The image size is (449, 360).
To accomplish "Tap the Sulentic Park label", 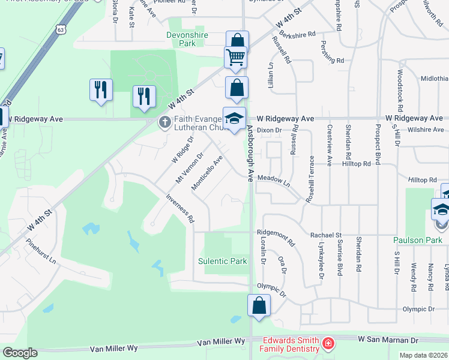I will pyautogui.click(x=223, y=261).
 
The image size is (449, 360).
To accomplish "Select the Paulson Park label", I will pyautogui.click(x=417, y=240).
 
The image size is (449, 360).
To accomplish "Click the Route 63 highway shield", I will pyautogui.click(x=59, y=29).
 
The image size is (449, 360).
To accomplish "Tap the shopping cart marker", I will pyautogui.click(x=236, y=58).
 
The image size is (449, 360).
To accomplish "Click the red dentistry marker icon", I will pyautogui.click(x=328, y=344).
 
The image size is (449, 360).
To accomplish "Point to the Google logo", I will pyautogui.click(x=19, y=353).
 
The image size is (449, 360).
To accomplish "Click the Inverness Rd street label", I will pyautogui.click(x=180, y=209).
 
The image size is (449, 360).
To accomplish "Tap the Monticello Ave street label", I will pyautogui.click(x=207, y=174).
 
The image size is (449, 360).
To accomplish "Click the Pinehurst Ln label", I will pyautogui.click(x=41, y=253).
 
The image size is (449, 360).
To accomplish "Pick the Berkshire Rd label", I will pyautogui.click(x=297, y=34).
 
